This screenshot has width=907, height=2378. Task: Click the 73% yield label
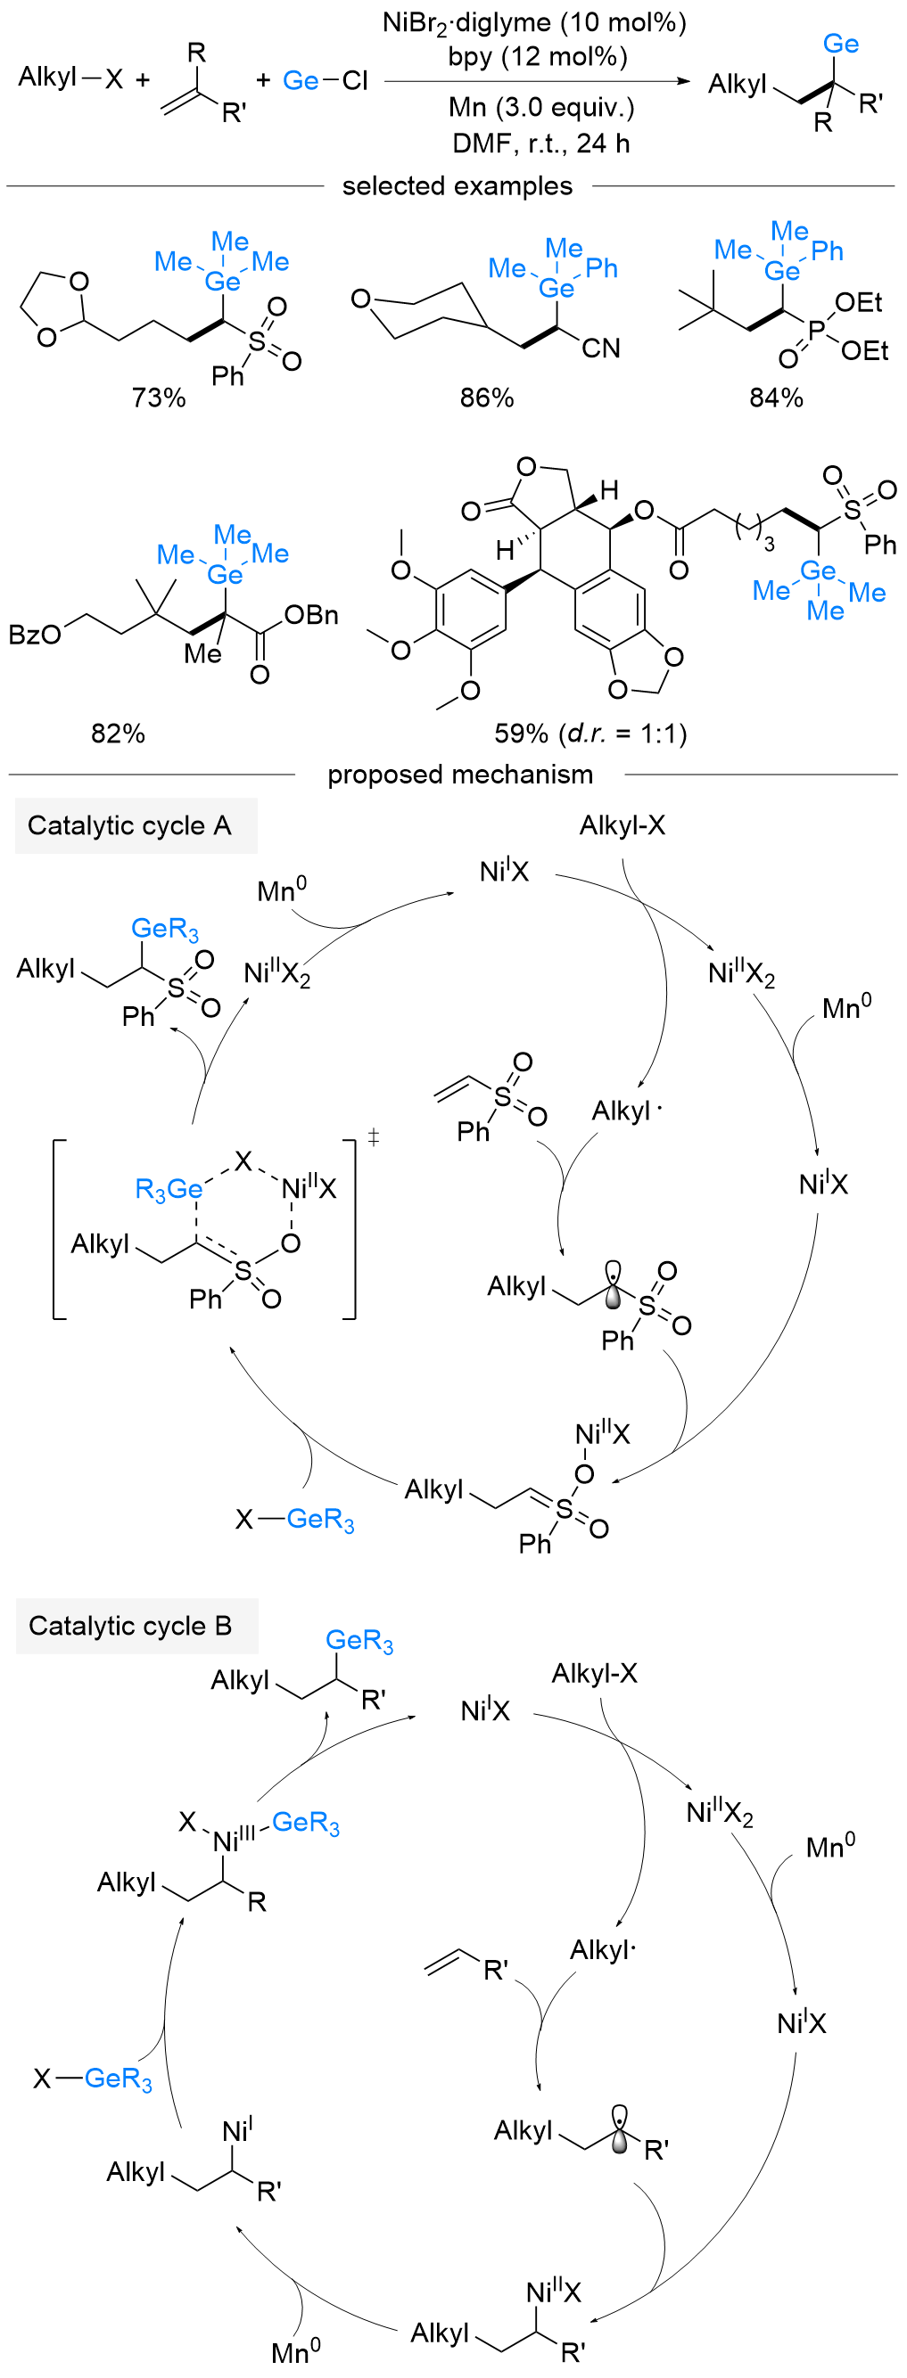tap(158, 398)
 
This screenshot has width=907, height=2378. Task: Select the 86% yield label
tap(487, 398)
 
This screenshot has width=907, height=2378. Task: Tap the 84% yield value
tap(776, 398)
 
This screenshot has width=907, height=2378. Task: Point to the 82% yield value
tap(119, 734)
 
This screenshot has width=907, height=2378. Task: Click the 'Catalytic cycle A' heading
tap(129, 825)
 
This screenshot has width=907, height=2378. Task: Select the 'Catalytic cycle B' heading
tap(130, 1626)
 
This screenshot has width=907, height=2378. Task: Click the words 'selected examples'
tap(458, 186)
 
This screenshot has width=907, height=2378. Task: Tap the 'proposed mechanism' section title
tap(460, 775)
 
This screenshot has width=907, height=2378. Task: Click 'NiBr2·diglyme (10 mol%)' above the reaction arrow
tap(535, 22)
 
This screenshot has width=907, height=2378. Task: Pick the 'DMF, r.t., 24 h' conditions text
tap(540, 143)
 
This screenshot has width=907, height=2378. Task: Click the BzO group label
tap(34, 635)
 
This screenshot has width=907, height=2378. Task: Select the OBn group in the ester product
tap(311, 615)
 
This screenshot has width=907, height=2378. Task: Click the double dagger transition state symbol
tap(373, 1137)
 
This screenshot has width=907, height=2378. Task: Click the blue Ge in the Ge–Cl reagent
tap(301, 81)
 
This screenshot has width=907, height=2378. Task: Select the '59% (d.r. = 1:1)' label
tap(590, 734)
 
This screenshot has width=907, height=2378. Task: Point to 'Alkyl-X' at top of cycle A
tap(622, 825)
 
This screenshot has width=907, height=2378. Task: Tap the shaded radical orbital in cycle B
tap(620, 2128)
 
